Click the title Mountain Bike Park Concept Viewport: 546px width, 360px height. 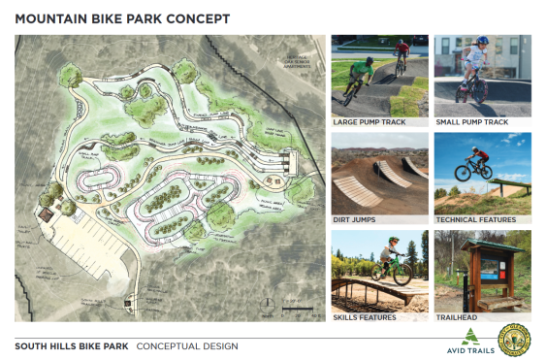pyautogui.click(x=121, y=17)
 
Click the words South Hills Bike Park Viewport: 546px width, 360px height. pyautogui.click(x=70, y=345)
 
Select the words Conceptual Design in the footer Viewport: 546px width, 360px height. pyautogui.click(x=186, y=345)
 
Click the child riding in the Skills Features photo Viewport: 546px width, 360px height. pyautogui.click(x=390, y=262)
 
